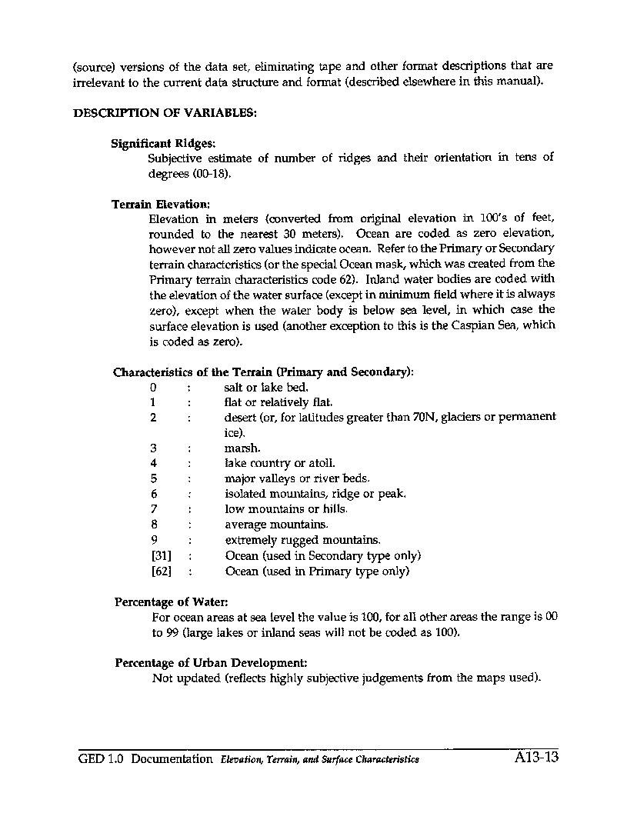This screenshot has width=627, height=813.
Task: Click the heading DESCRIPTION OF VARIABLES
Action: click(x=165, y=112)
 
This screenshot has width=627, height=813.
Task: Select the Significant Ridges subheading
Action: click(x=163, y=143)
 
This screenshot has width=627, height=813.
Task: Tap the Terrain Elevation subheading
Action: click(x=160, y=205)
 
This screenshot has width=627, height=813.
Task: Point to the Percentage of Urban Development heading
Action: click(x=211, y=662)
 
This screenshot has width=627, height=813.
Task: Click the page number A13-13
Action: click(x=535, y=758)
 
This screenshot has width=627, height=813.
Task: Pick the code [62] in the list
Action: click(x=161, y=571)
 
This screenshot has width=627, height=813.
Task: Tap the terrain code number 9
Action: click(x=154, y=540)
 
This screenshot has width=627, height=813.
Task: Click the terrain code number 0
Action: click(x=154, y=388)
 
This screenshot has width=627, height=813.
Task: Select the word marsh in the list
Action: click(x=242, y=448)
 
